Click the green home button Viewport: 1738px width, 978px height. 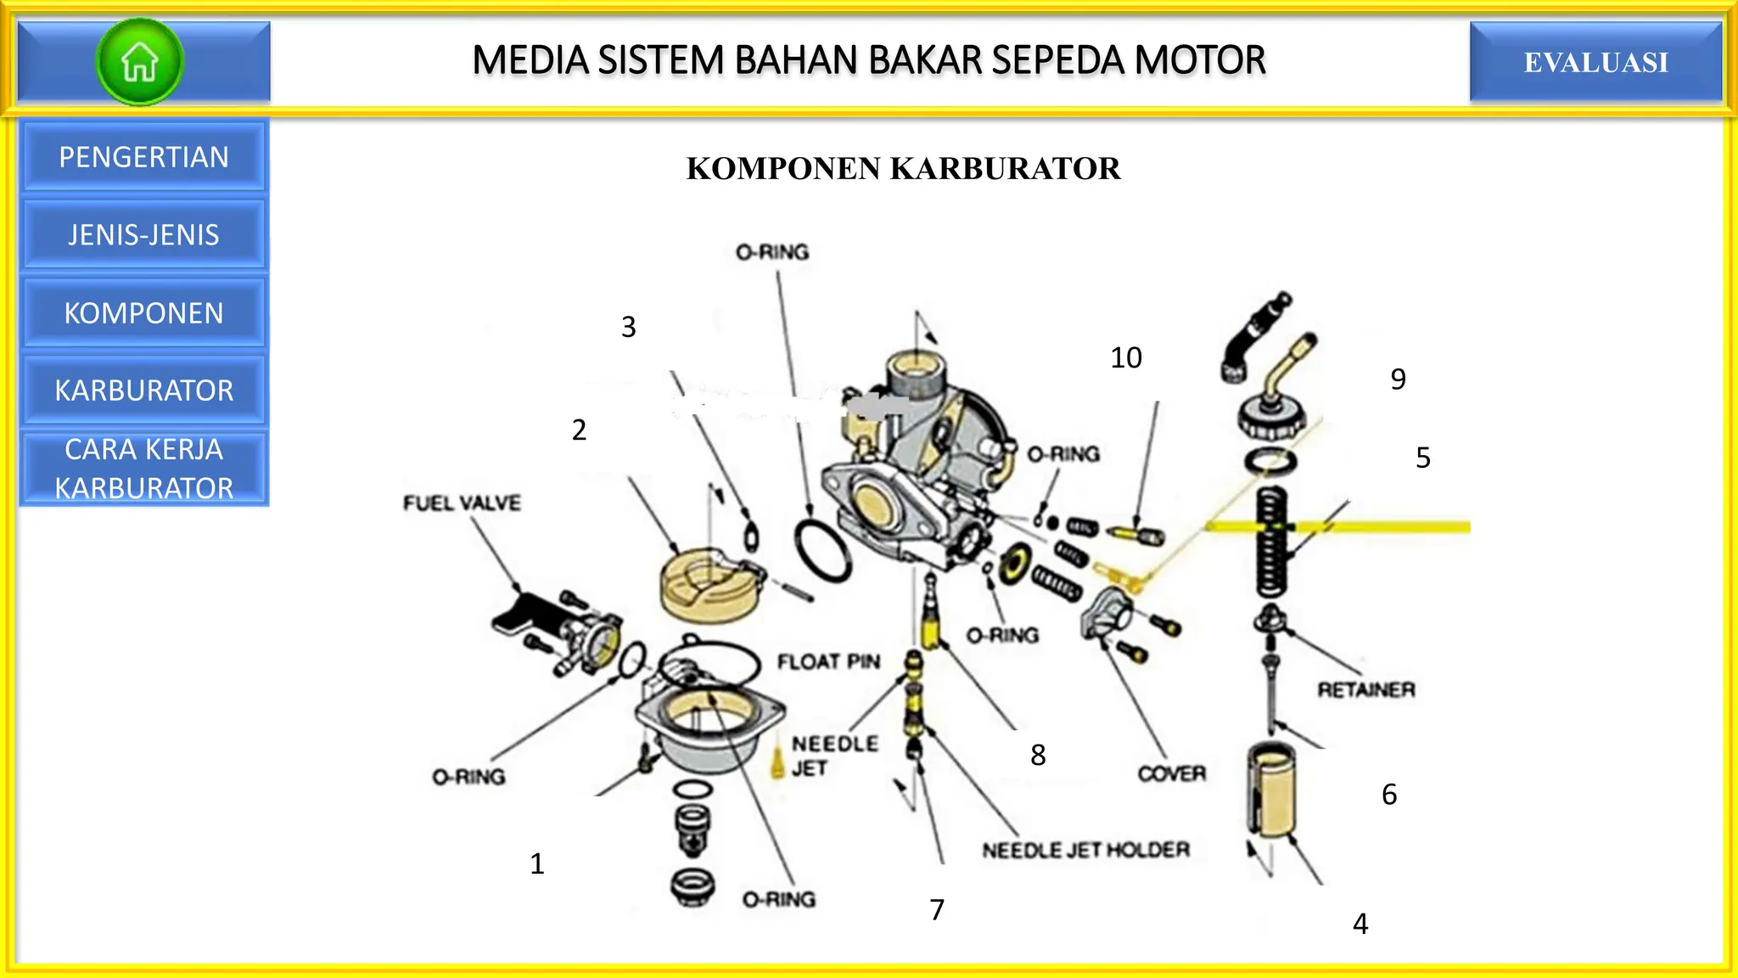(140, 62)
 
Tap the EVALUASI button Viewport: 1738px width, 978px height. (1595, 62)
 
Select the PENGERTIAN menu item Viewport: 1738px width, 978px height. (143, 157)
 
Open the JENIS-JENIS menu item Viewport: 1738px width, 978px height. (143, 235)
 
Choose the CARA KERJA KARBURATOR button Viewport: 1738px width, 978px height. (143, 469)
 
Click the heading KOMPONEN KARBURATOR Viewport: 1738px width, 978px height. (903, 168)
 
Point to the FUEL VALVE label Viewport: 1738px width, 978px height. (462, 503)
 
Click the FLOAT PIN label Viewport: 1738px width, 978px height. (828, 661)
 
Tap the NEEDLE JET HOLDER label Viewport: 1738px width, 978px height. (1085, 850)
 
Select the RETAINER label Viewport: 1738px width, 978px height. (1365, 689)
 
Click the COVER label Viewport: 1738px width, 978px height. (1171, 773)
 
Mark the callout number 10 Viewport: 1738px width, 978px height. (1125, 357)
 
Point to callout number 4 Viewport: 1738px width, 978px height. (1360, 924)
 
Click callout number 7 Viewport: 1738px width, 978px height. (937, 910)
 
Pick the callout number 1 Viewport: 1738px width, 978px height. (537, 864)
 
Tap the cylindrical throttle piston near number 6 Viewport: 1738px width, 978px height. (1270, 790)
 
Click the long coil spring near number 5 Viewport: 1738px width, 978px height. (1270, 543)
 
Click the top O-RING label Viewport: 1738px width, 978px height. (771, 252)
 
